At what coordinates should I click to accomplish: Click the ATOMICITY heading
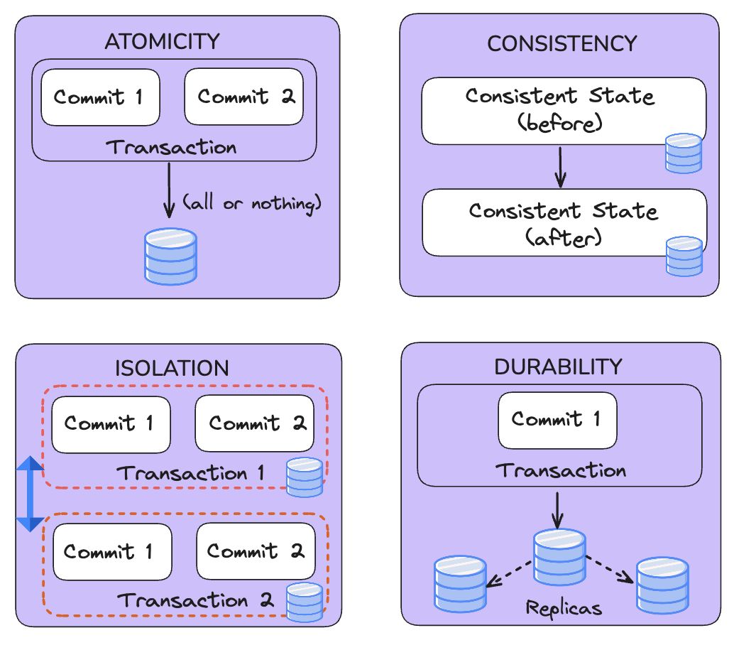162,41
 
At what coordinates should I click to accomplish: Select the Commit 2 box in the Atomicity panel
244,97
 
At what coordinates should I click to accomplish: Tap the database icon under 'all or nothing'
170,256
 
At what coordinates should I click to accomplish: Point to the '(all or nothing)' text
253,204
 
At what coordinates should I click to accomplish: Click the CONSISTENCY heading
562,44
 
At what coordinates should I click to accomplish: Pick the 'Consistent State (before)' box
561,110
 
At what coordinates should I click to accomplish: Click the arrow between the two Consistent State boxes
561,167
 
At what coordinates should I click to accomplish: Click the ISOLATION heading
172,368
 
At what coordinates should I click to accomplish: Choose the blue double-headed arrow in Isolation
30,494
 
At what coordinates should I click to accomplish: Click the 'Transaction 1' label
190,473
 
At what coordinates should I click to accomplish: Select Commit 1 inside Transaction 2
112,552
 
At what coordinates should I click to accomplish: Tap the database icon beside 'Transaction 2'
305,602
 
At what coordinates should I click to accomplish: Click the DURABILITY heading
558,367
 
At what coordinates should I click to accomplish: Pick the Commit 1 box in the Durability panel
557,420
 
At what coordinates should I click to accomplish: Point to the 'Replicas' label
564,608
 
